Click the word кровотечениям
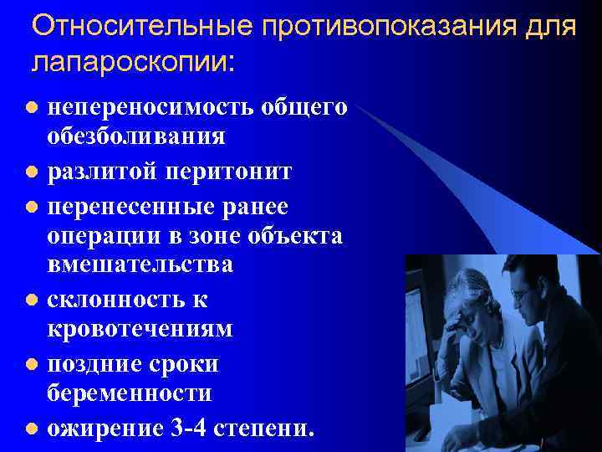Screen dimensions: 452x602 pyautogui.click(x=140, y=329)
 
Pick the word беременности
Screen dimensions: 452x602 pyautogui.click(x=130, y=393)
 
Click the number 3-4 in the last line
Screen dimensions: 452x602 pyautogui.click(x=191, y=429)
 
